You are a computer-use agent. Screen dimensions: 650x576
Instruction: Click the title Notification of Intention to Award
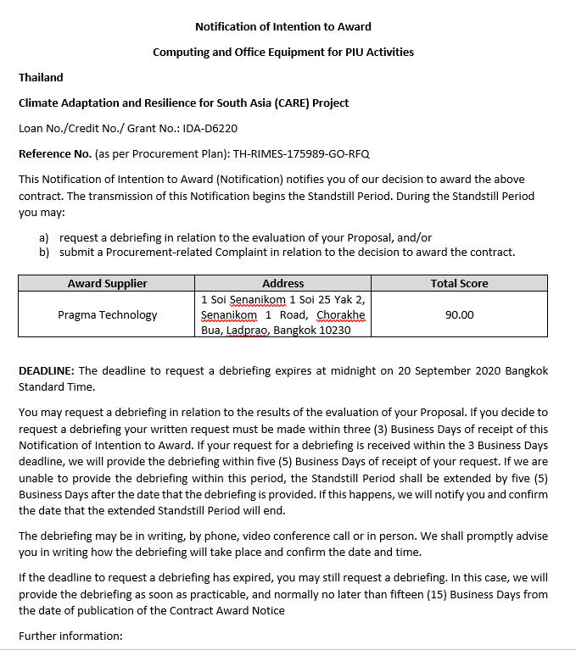[283, 26]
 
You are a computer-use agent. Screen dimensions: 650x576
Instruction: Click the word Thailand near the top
[41, 77]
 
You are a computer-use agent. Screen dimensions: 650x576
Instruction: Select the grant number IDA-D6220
[210, 128]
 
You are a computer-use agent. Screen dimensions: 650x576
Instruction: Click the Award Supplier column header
[107, 283]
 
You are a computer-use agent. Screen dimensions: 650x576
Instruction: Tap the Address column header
[283, 283]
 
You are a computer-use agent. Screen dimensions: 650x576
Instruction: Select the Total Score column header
[459, 283]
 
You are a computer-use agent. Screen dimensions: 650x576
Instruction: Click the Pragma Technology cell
[107, 314]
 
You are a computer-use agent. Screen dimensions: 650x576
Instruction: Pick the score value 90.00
[459, 314]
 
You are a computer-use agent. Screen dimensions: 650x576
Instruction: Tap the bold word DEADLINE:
[47, 370]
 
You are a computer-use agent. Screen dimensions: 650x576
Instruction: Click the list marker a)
[43, 237]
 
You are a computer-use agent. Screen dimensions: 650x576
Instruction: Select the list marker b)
[43, 252]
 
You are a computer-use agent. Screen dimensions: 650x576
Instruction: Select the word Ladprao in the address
[248, 330]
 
